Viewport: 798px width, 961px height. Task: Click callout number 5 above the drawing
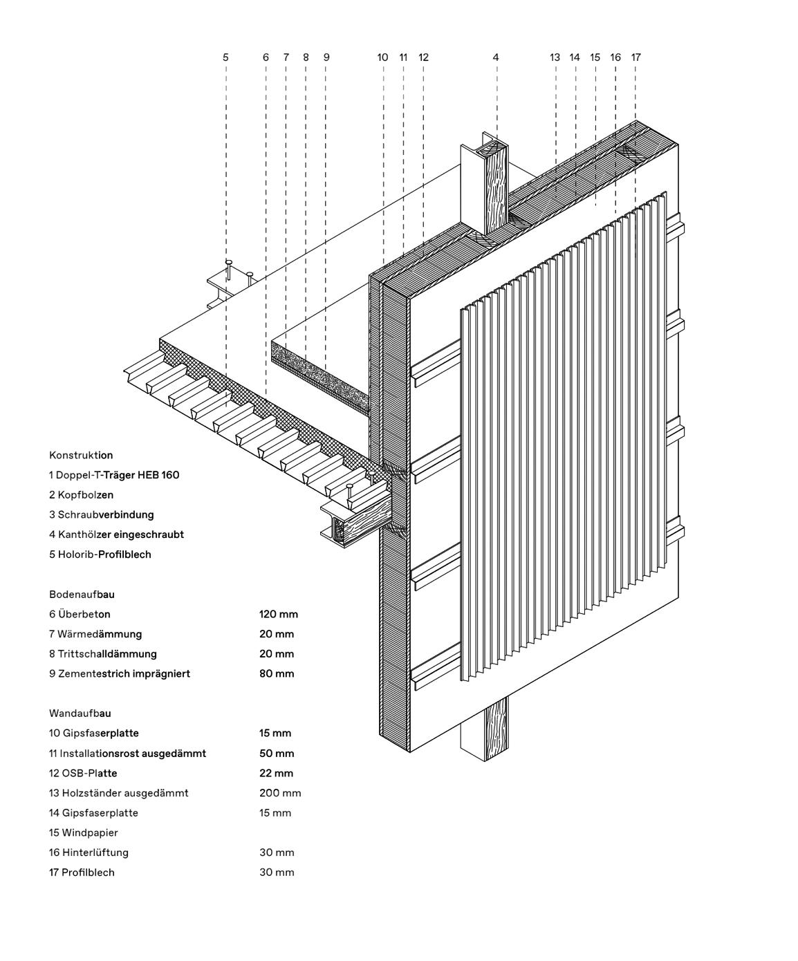(x=225, y=57)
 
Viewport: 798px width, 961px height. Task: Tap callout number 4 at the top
(x=496, y=57)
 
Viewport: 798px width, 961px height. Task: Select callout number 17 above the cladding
(x=636, y=57)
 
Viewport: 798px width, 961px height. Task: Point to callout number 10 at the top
(x=382, y=57)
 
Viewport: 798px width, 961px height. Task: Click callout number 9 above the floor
(x=326, y=57)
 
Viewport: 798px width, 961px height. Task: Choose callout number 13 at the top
(x=555, y=57)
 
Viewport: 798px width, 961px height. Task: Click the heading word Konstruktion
(x=81, y=456)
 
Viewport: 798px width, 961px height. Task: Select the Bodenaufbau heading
(x=82, y=595)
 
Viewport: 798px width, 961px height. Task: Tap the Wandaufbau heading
(x=80, y=713)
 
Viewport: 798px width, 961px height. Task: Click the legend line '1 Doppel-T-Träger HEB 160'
(x=114, y=476)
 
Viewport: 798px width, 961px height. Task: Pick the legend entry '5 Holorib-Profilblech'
(x=100, y=554)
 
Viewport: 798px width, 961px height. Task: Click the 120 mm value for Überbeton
(x=279, y=615)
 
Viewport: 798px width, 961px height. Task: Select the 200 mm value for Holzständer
(x=280, y=794)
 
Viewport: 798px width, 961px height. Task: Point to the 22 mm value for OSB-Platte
(x=276, y=774)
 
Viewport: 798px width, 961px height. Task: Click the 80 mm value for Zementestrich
(x=277, y=674)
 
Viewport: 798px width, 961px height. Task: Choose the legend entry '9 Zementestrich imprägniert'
(x=119, y=674)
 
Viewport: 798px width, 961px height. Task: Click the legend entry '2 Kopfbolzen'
(x=81, y=495)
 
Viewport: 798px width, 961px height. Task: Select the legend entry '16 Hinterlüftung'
(x=89, y=853)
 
